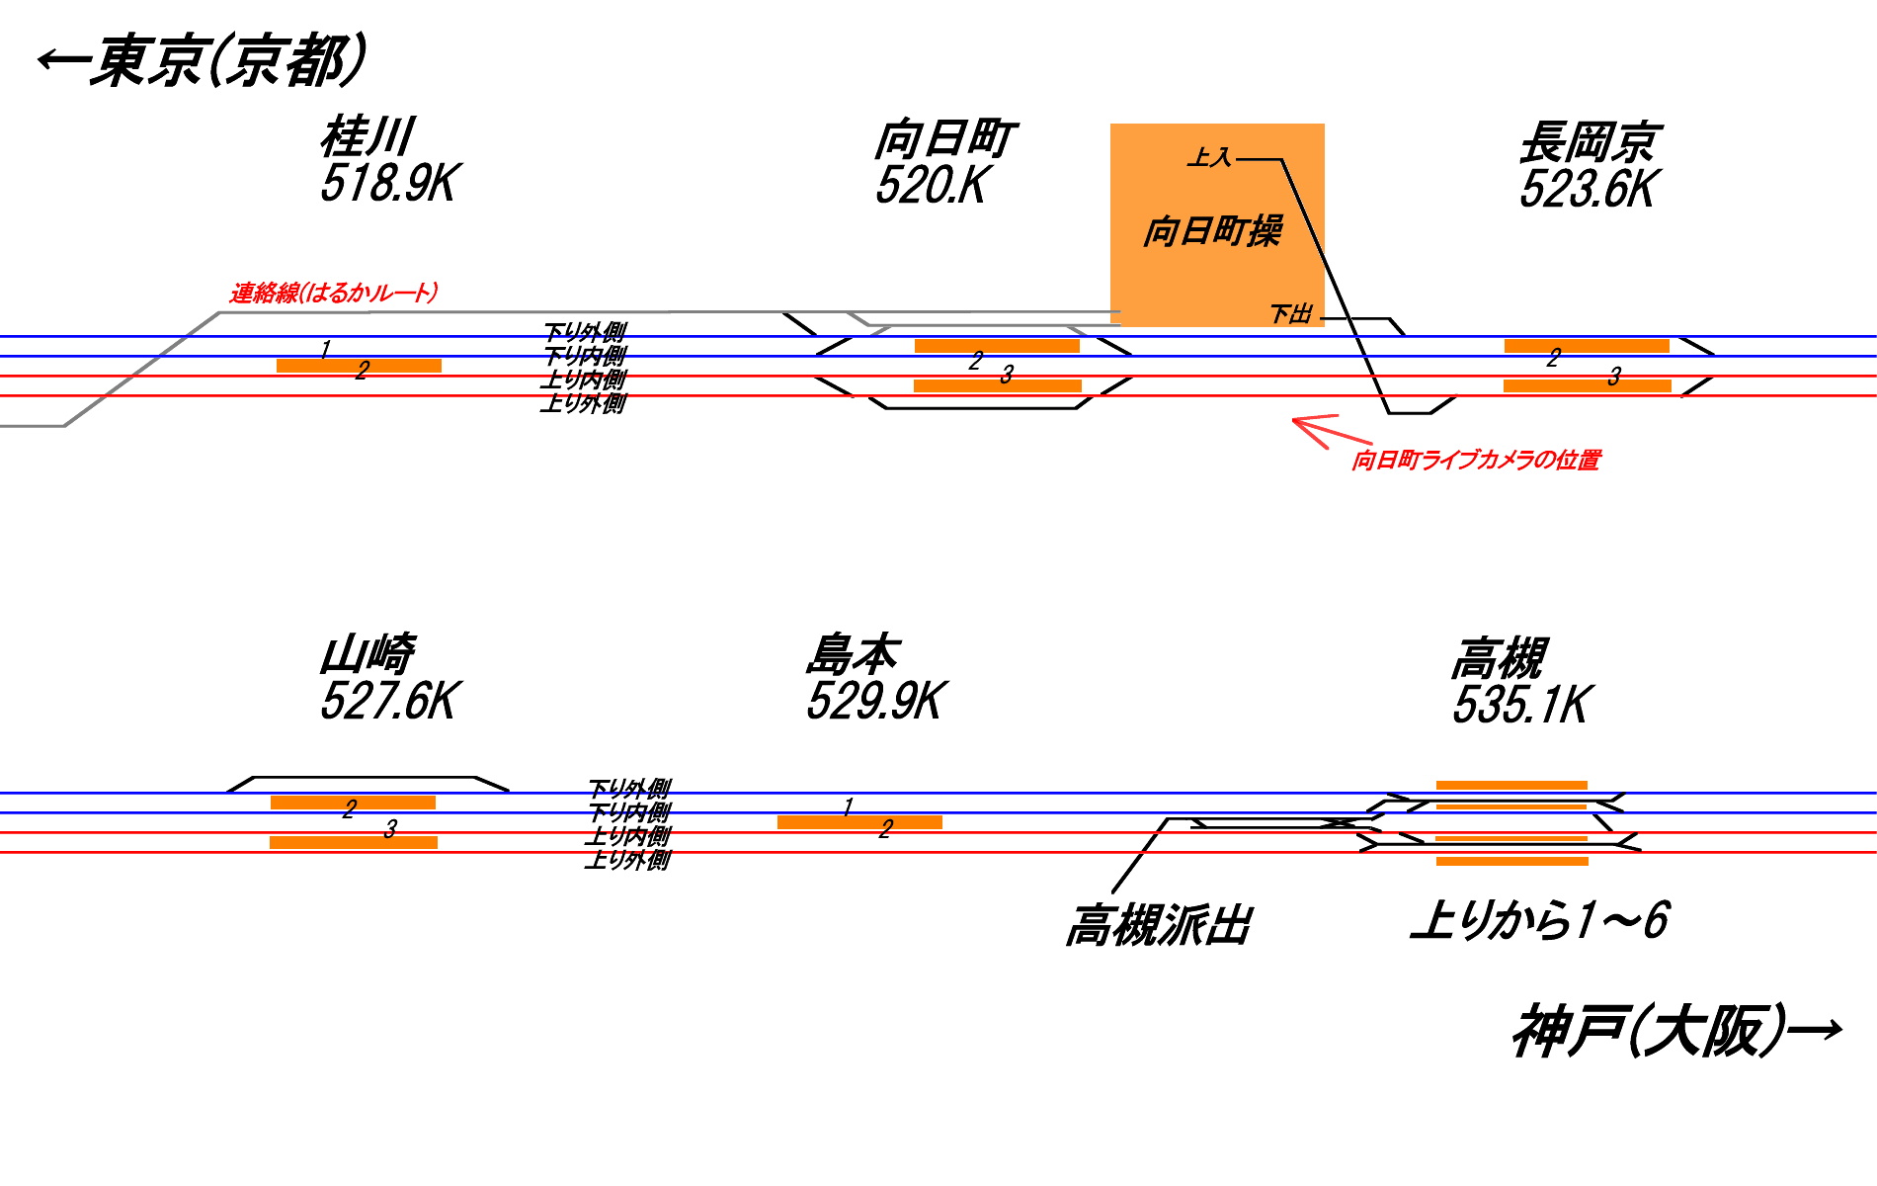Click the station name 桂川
[x=367, y=137]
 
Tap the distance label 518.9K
[x=389, y=184]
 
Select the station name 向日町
[x=944, y=139]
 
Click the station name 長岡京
[x=1590, y=142]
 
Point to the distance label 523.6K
[x=1588, y=190]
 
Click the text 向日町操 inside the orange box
[x=1212, y=231]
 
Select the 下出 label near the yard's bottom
[x=1290, y=314]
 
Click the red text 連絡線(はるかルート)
[x=334, y=293]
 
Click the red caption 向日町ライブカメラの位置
[x=1476, y=460]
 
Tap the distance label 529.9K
[x=876, y=702]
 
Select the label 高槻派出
[x=1158, y=926]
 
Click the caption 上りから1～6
[x=1539, y=920]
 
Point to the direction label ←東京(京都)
[x=203, y=61]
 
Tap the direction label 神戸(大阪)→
[x=1675, y=1032]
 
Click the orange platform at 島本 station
[x=859, y=822]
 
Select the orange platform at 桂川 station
[x=359, y=366]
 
